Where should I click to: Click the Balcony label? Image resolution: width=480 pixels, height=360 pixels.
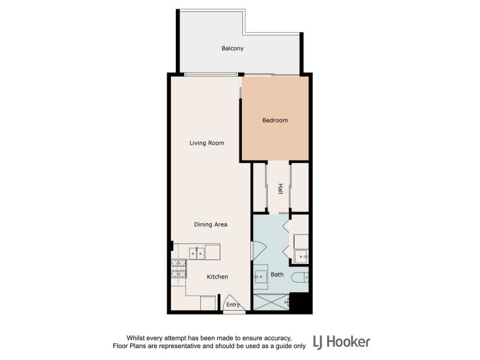pos(232,48)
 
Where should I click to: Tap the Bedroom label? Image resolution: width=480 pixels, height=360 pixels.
pos(275,121)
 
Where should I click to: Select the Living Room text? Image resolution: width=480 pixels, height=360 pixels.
pos(206,143)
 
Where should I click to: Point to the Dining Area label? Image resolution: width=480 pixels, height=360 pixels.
pos(210,224)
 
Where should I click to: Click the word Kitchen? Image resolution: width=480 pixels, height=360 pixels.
pos(217,277)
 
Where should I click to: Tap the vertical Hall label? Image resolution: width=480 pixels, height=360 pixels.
pos(280,188)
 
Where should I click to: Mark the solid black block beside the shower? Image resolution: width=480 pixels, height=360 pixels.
pos(299,302)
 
